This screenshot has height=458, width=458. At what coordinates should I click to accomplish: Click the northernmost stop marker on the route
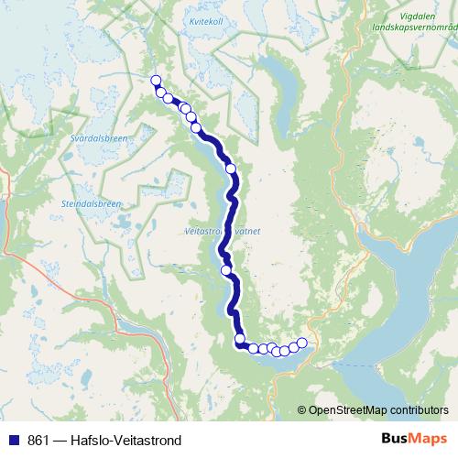coord(156,80)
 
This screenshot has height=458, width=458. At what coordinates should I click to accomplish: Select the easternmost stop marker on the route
coord(302,343)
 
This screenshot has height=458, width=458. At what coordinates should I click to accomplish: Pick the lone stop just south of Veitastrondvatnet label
coord(226,270)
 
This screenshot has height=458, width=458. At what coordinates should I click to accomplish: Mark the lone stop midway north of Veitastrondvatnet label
coord(231,169)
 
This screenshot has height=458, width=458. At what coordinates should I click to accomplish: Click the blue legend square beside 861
coord(13,439)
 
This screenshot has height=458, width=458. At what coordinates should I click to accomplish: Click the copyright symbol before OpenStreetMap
coord(303,409)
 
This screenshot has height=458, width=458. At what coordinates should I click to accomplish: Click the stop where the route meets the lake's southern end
coord(241,339)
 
